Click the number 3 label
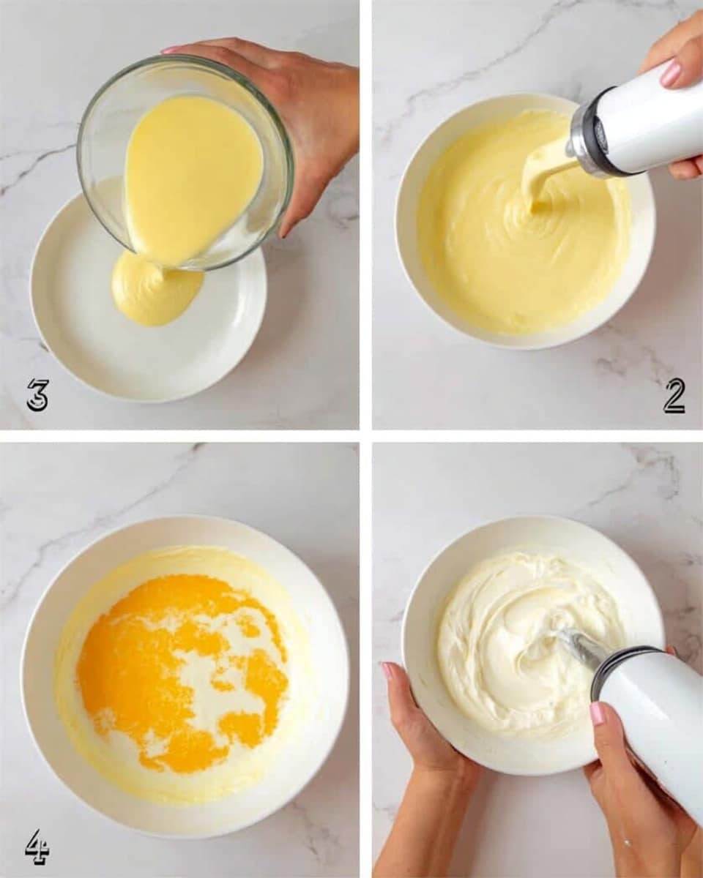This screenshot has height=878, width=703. (37, 395)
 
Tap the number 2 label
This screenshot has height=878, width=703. (674, 396)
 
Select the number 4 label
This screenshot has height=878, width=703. (36, 847)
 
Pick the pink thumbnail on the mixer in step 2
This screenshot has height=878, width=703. (671, 72)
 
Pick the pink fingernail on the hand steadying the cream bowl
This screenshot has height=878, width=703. (386, 669)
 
